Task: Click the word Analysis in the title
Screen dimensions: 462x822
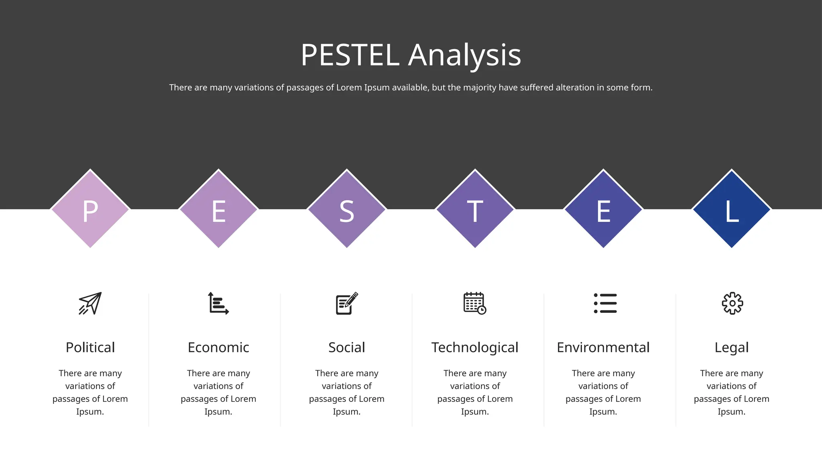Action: point(464,55)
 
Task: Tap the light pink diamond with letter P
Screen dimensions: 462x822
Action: point(90,209)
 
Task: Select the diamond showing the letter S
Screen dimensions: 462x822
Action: point(347,209)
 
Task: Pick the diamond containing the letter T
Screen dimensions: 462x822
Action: point(475,209)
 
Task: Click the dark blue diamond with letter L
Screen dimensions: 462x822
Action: point(731,209)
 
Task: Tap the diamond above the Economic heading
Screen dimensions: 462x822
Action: point(218,209)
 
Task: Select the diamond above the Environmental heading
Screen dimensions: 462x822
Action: point(603,209)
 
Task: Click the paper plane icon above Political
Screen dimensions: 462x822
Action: point(90,303)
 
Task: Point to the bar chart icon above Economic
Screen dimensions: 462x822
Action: point(218,303)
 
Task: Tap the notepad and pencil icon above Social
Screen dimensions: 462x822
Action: point(347,304)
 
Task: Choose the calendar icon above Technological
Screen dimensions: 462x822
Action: point(475,303)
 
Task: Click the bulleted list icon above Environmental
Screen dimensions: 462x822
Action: point(605,303)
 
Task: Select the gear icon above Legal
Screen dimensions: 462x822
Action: point(732,303)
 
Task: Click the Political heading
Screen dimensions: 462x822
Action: point(90,347)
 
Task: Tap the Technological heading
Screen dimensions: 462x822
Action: point(475,347)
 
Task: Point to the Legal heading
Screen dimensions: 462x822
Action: point(731,347)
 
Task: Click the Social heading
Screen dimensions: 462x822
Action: point(347,347)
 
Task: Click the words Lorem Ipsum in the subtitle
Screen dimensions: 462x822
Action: point(363,87)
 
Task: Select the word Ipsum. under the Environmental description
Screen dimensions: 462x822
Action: point(603,412)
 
